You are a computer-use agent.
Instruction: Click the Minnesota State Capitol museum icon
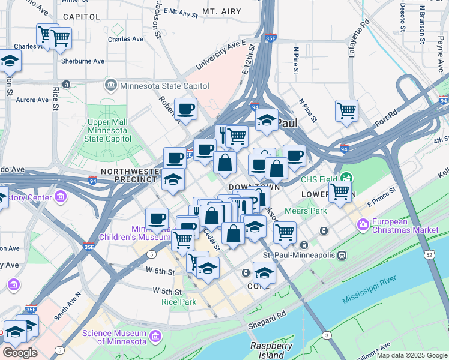coord(111,86)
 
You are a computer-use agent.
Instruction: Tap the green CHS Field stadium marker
coord(346,178)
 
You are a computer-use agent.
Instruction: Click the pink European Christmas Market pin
coord(363,226)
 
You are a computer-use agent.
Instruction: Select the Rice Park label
coord(178,302)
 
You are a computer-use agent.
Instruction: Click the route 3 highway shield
coord(326,334)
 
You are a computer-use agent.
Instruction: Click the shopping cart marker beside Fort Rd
coord(346,111)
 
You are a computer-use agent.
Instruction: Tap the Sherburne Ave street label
coord(83,61)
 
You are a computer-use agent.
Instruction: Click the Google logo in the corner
coord(19,352)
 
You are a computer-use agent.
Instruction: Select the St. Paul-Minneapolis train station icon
coord(342,255)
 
